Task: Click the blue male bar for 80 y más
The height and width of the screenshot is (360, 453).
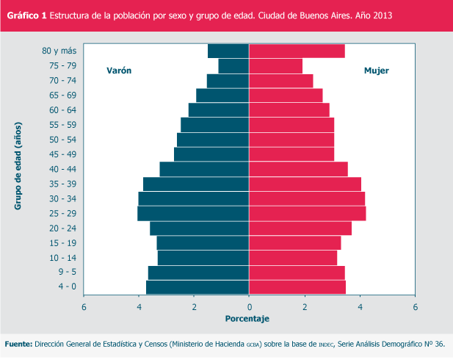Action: coord(228,51)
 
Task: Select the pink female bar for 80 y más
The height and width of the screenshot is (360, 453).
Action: coord(297,51)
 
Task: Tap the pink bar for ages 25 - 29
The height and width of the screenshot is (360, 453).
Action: coord(308,213)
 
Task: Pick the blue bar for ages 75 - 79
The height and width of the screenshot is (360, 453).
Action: coord(233,65)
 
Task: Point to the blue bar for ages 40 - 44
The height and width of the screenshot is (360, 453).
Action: coord(204,169)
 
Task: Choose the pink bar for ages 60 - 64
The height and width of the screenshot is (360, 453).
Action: coord(289,109)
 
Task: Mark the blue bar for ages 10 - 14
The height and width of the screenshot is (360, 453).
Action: coord(203,258)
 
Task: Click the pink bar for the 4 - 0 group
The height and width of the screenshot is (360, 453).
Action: coord(297,287)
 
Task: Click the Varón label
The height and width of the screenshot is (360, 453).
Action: coord(119,71)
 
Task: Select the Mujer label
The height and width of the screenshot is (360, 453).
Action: coord(377,71)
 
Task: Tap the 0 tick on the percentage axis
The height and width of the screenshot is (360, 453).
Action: coord(250,306)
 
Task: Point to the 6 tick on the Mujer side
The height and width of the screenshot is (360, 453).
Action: coord(416,306)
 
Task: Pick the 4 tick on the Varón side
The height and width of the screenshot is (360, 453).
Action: coord(139,306)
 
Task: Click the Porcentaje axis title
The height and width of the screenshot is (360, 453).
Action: coord(247,319)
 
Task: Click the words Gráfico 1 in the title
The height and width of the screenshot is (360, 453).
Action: coord(26,15)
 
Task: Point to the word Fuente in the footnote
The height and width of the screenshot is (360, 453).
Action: coord(18,344)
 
